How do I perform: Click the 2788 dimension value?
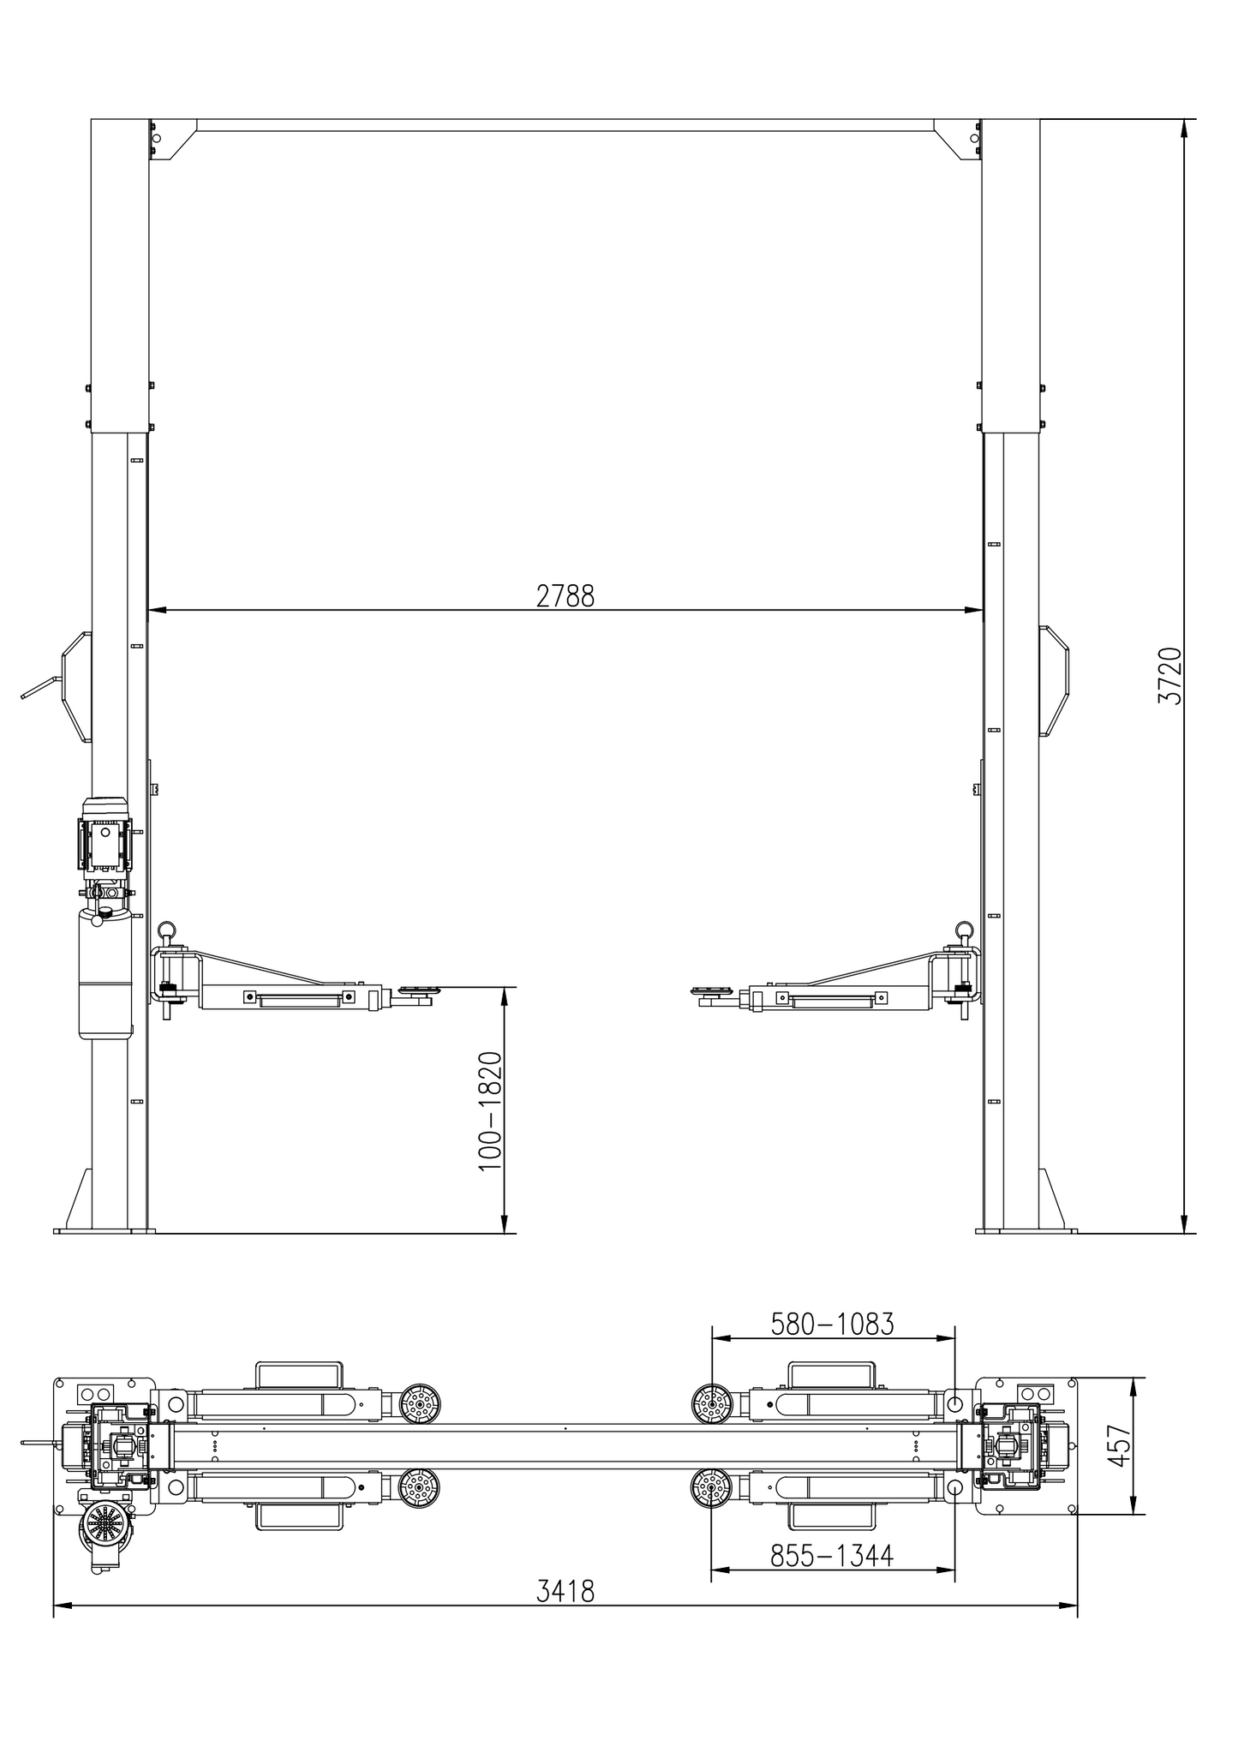pyautogui.click(x=565, y=595)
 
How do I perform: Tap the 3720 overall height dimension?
pyautogui.click(x=1170, y=676)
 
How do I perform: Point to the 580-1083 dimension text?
pyautogui.click(x=832, y=1324)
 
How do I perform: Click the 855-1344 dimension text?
pyautogui.click(x=831, y=1555)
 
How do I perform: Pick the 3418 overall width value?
pyautogui.click(x=565, y=1592)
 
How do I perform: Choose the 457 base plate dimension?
pyautogui.click(x=1119, y=1445)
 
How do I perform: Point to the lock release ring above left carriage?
pyautogui.click(x=168, y=930)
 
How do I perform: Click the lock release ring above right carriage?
pyautogui.click(x=965, y=930)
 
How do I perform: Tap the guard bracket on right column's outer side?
pyautogui.click(x=1056, y=681)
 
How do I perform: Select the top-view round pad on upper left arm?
pyautogui.click(x=419, y=1404)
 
